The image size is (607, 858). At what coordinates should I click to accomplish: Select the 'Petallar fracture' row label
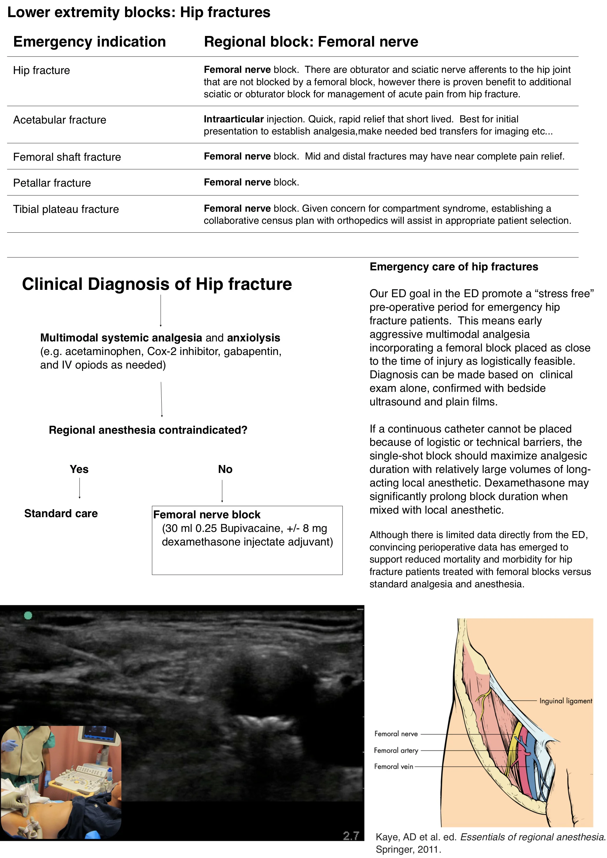click(52, 183)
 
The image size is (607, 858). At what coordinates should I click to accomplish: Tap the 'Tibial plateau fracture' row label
click(66, 209)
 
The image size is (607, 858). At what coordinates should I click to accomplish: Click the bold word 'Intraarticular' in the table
click(234, 119)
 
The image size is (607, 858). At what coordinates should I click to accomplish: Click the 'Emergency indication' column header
click(89, 42)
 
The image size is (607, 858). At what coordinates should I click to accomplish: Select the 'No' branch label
click(225, 469)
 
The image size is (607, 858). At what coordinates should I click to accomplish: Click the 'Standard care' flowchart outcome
click(61, 513)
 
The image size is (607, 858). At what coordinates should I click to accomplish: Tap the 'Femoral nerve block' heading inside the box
click(207, 515)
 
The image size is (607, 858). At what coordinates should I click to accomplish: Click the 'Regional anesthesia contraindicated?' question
click(148, 430)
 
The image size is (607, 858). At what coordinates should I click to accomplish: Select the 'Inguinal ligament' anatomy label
click(565, 701)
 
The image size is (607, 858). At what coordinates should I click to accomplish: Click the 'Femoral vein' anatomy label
click(393, 766)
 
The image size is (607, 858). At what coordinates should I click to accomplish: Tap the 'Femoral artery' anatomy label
click(396, 750)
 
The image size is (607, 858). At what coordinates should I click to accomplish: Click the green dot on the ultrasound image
click(28, 615)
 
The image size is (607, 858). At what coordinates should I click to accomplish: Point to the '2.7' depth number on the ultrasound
click(351, 836)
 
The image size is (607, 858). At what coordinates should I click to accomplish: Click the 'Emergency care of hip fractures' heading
click(454, 267)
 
